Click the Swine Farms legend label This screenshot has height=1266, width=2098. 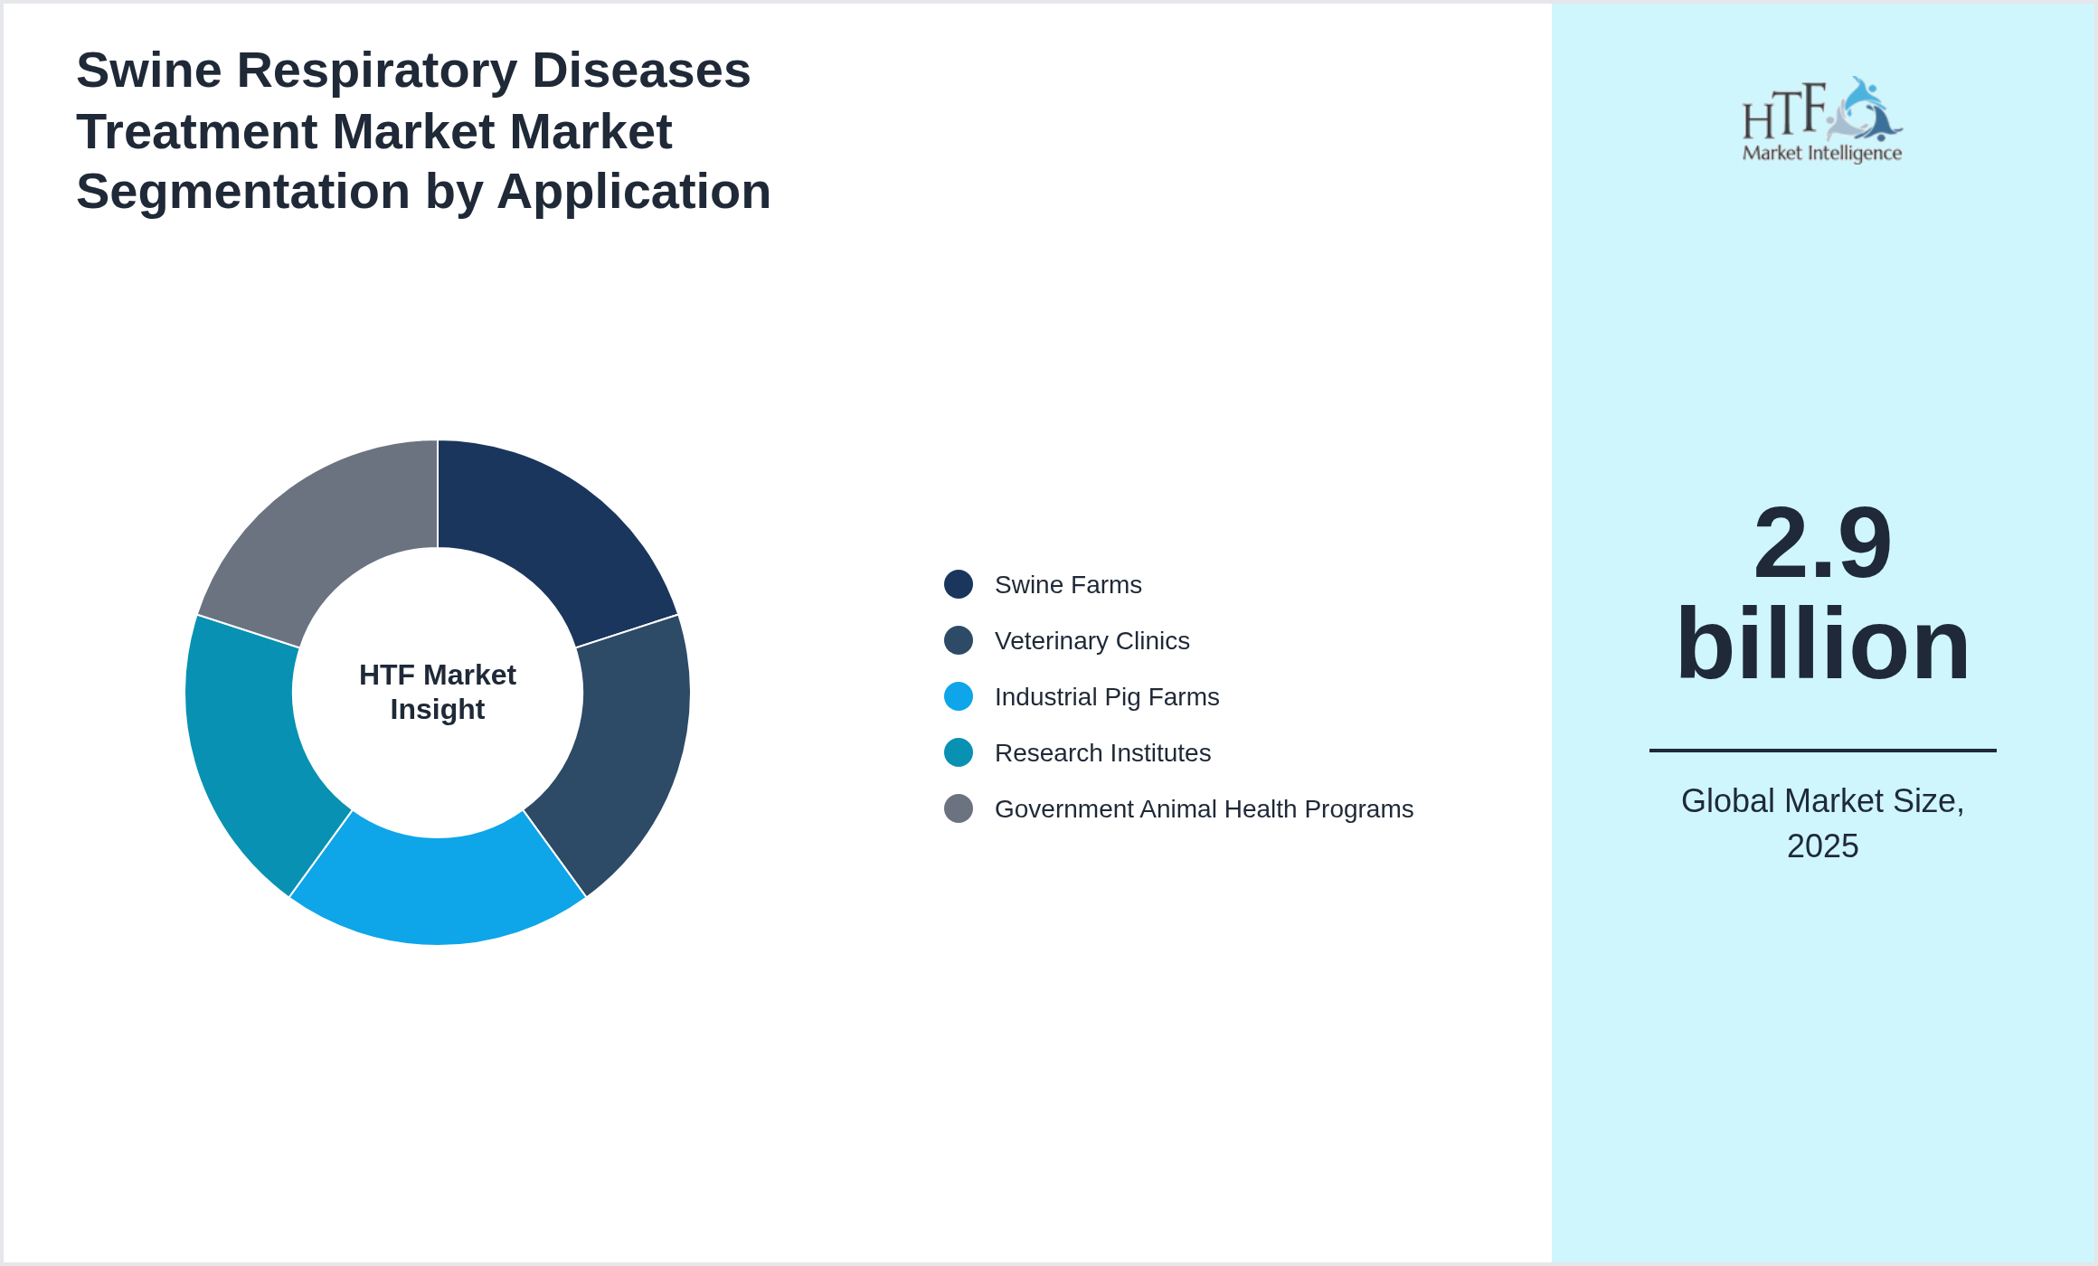1067,585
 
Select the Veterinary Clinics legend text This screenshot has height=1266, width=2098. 1092,641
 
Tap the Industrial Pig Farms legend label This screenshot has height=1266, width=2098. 1106,697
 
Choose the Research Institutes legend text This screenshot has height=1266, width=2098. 1101,753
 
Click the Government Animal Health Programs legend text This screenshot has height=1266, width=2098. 1203,809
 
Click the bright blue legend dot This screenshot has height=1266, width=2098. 959,697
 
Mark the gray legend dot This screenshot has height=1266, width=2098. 959,809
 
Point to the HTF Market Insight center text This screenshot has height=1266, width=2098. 438,693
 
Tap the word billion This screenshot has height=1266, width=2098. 1821,645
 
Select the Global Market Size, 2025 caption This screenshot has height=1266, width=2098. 1821,823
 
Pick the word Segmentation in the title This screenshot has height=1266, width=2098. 243,192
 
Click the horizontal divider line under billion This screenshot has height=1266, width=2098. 1821,750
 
